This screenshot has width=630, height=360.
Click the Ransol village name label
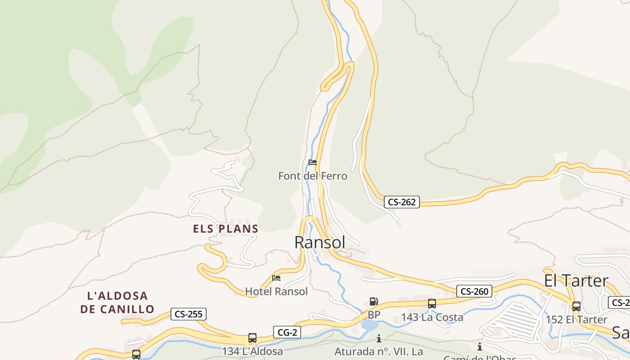pyautogui.click(x=319, y=242)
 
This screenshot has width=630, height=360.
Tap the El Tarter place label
pyautogui.click(x=576, y=281)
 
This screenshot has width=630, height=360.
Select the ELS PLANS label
pyautogui.click(x=226, y=229)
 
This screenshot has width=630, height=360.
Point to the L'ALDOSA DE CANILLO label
pyautogui.click(x=117, y=302)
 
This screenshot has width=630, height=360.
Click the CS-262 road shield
pyautogui.click(x=402, y=202)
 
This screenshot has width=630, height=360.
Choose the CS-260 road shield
pyautogui.click(x=475, y=291)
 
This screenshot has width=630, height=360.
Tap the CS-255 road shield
pyautogui.click(x=189, y=314)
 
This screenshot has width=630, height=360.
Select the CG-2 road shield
pyautogui.click(x=287, y=333)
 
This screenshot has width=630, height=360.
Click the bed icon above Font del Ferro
pyautogui.click(x=313, y=162)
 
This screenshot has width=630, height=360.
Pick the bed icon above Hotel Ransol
pyautogui.click(x=276, y=278)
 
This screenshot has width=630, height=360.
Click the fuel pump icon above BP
pyautogui.click(x=373, y=301)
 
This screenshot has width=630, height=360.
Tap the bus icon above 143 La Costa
pyautogui.click(x=432, y=304)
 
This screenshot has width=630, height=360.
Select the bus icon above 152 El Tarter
pyautogui.click(x=576, y=306)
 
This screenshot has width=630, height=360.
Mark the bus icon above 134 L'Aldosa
pyautogui.click(x=252, y=338)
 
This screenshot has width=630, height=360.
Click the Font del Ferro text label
pyautogui.click(x=313, y=176)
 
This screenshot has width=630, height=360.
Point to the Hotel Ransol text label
pyautogui.click(x=276, y=292)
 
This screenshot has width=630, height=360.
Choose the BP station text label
pyautogui.click(x=373, y=315)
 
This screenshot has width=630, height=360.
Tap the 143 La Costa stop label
pyautogui.click(x=432, y=317)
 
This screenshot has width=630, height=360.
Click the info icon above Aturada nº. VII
pyautogui.click(x=379, y=338)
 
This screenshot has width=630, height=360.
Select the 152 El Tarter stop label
pyautogui.click(x=576, y=319)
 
